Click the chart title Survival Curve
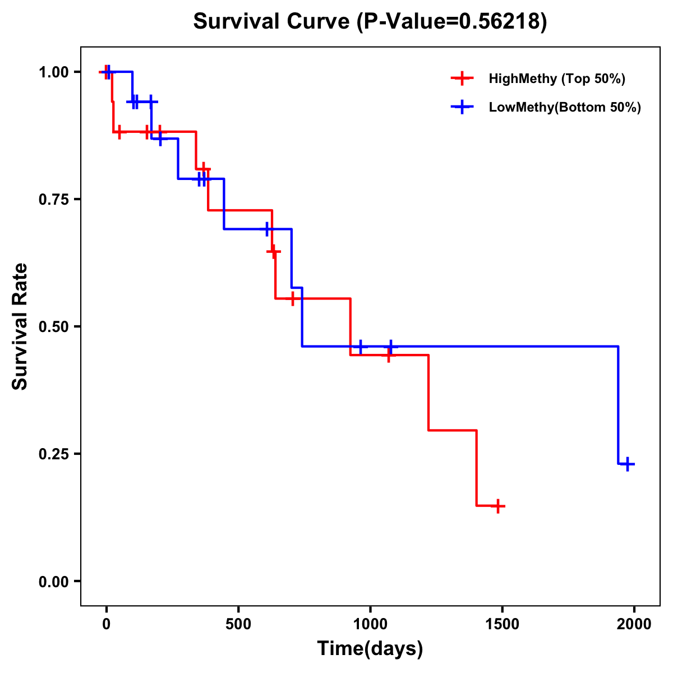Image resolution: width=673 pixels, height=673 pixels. (273, 21)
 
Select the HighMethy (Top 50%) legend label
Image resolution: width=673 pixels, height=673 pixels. (556, 79)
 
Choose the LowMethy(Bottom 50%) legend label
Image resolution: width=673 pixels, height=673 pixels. (565, 107)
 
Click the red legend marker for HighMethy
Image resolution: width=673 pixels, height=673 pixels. (462, 79)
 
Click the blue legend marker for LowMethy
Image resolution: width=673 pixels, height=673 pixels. (462, 107)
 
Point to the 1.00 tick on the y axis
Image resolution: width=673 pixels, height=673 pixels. (53, 72)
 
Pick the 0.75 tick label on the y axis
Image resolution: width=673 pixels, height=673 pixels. (53, 200)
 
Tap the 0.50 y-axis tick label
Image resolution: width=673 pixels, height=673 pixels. (53, 327)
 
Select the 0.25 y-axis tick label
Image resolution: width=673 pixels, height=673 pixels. (53, 454)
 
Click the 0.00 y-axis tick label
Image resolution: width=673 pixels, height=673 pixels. (53, 582)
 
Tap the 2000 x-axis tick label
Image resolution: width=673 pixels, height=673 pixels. (634, 624)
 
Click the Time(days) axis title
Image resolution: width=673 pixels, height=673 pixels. (370, 649)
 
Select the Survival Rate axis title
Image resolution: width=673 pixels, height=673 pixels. (21, 326)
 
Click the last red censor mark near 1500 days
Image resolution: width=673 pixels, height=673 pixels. (497, 506)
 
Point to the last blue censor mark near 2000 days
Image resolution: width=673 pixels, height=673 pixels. (628, 464)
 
